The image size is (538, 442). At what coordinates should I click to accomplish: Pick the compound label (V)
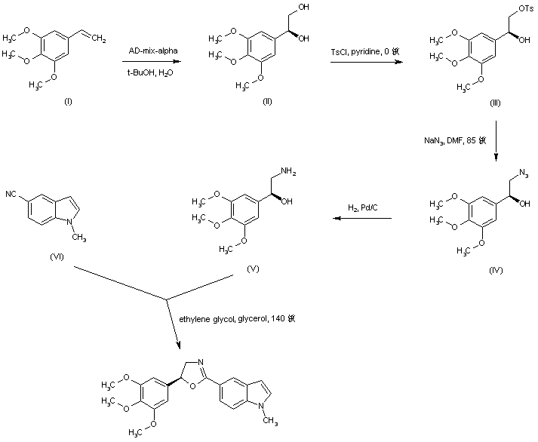[x=253, y=269]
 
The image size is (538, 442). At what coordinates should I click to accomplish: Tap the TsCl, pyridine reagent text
[x=369, y=52]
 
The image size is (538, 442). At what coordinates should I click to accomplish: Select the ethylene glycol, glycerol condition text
[x=237, y=319]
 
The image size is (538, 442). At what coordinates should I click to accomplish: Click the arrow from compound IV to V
[x=363, y=219]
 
